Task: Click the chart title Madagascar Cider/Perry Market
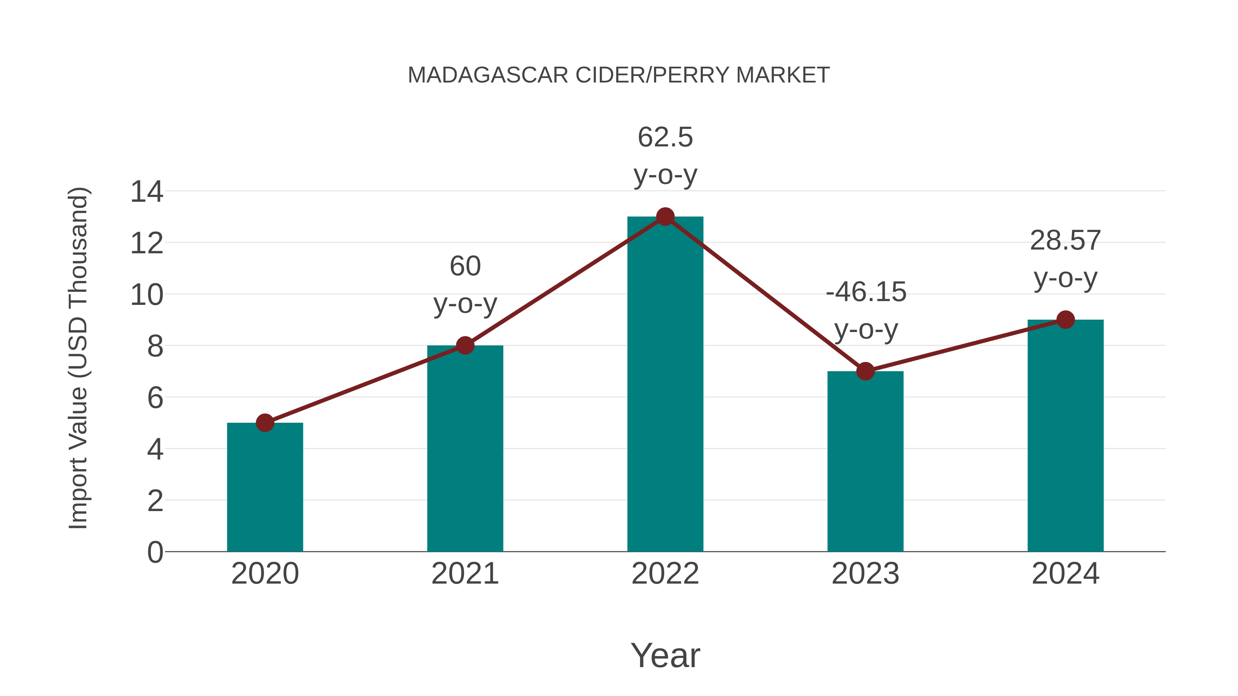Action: pos(619,75)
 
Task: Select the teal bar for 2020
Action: pos(265,487)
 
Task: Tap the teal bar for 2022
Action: pos(665,384)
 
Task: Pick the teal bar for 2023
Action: pos(865,461)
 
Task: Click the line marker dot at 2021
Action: pos(465,345)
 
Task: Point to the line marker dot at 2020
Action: pos(265,423)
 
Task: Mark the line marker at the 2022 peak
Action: pos(665,217)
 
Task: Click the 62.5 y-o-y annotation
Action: pos(665,156)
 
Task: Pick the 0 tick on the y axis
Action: pos(155,552)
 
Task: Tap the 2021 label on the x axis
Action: pos(465,574)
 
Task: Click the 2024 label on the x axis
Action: pos(1065,574)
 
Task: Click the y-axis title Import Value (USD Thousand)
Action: pos(78,358)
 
